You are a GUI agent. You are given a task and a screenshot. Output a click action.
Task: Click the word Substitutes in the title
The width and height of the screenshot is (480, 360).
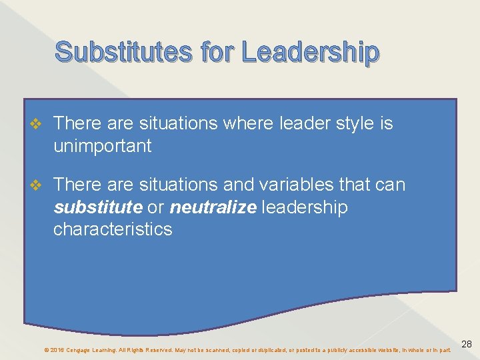tap(123, 51)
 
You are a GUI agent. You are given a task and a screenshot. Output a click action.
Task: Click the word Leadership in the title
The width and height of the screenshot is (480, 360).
tap(311, 53)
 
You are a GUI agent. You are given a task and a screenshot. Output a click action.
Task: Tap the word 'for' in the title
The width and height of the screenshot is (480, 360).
tap(215, 51)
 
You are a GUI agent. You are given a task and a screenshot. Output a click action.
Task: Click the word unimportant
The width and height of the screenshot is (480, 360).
tap(103, 146)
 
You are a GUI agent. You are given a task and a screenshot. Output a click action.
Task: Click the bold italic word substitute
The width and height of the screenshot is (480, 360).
tap(98, 207)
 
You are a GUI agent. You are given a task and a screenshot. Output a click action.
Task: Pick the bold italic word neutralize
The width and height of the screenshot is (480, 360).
tap(212, 207)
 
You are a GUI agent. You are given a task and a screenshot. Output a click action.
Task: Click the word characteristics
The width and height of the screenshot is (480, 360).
tap(113, 229)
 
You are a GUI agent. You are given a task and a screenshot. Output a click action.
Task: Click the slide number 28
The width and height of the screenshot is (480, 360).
tap(467, 344)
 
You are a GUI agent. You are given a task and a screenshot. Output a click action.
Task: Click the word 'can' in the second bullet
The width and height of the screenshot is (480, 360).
tap(390, 184)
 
